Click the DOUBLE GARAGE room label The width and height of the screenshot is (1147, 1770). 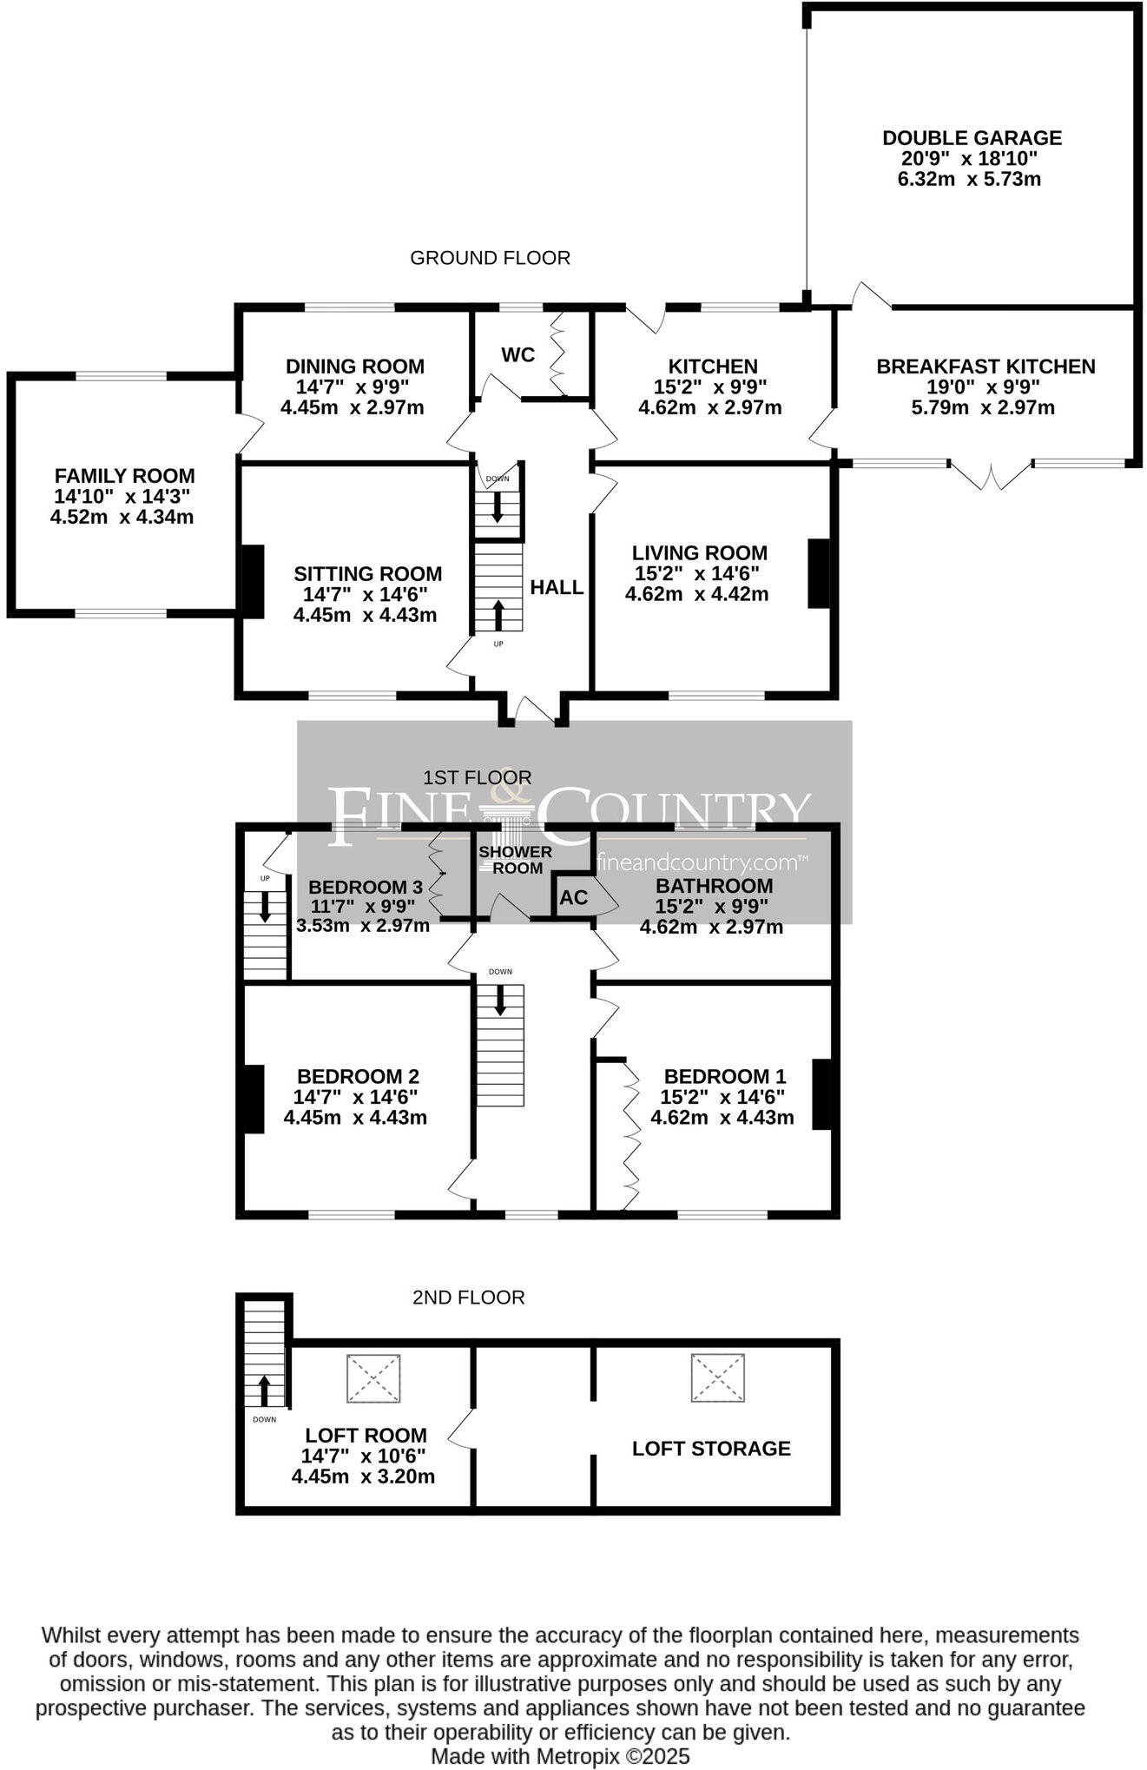coord(972,137)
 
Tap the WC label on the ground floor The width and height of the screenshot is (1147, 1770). coord(517,354)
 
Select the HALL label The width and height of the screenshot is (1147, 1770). coord(557,587)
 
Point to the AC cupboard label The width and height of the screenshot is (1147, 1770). coord(574,897)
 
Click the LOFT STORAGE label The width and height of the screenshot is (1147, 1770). coord(711,1448)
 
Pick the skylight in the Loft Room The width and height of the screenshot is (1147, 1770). coord(373,1378)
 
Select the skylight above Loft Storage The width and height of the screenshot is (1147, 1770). coord(718,1377)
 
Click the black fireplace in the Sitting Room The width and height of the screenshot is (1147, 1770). coord(252,581)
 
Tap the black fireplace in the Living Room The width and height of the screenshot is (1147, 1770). coord(819,573)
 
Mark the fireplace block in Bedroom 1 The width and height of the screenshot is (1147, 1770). coord(822,1094)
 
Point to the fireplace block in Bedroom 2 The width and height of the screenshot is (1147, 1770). coord(253,1099)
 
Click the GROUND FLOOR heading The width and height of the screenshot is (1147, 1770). coord(490,258)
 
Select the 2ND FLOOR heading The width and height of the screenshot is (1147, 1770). coord(468,1298)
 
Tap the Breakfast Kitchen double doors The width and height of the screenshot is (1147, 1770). coord(991,476)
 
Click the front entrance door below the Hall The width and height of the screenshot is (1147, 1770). coord(534,710)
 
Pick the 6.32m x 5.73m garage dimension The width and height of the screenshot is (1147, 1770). coord(969,179)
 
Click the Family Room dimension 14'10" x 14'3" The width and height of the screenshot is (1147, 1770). coord(122,497)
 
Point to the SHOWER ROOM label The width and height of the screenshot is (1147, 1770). coord(516,860)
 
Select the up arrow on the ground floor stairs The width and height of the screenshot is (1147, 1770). coord(498,615)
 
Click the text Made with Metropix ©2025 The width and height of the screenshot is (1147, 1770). coord(561,1756)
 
